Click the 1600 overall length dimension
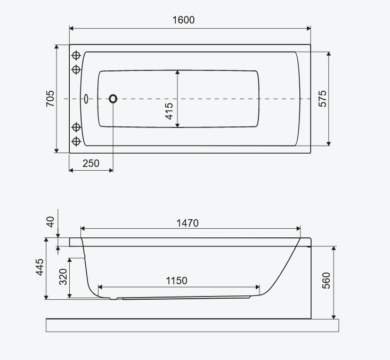coord(184,20)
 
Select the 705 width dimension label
coord(50,99)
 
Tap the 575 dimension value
coord(322,99)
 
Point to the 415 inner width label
coord(169,111)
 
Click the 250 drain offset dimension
coord(91,164)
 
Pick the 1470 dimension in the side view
coord(188,223)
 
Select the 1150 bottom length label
coord(176,281)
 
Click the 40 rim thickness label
coord(51,221)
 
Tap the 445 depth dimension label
coord(40,267)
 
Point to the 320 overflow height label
coord(63,277)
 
